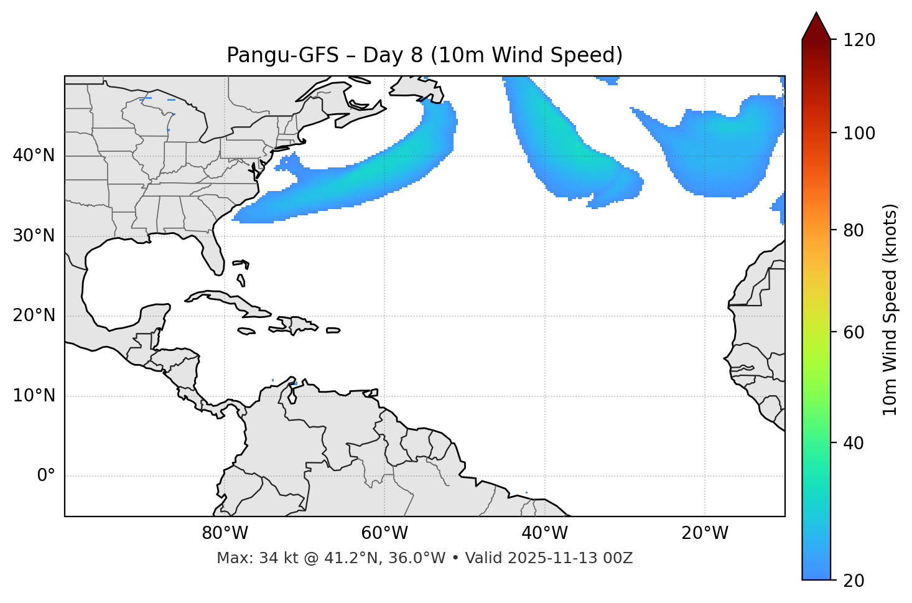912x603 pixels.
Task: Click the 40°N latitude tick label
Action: coord(34,156)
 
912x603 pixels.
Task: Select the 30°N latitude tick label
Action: coord(34,236)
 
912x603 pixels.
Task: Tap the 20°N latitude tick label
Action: coord(34,316)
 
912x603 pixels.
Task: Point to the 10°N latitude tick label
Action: coord(34,396)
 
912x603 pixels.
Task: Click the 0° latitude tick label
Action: coord(46,476)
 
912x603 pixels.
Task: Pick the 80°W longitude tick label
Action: coord(225,533)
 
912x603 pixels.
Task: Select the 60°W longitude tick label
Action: coord(384,533)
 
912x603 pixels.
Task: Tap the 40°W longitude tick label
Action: coord(544,533)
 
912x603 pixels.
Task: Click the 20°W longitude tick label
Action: coord(704,533)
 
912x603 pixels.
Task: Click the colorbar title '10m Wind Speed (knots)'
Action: coord(890,309)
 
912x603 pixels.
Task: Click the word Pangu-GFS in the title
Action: coord(282,55)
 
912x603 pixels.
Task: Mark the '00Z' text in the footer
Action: coord(620,558)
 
